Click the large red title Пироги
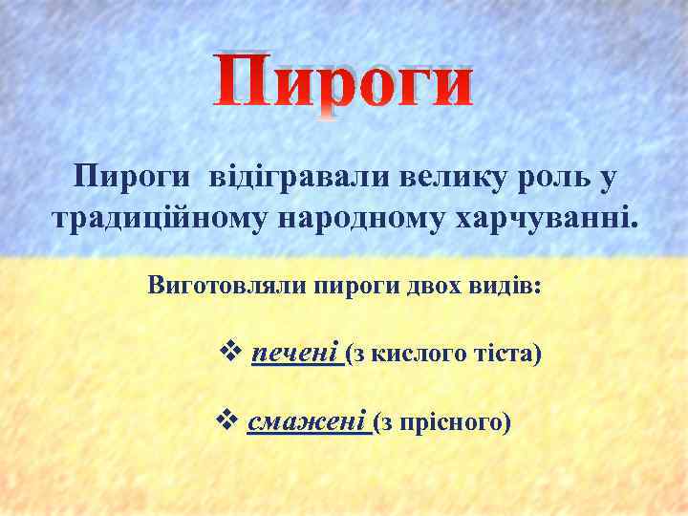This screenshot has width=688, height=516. click(x=342, y=82)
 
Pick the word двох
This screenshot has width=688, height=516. click(x=424, y=286)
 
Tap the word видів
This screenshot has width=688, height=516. click(x=503, y=286)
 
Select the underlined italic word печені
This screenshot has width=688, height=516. click(x=295, y=355)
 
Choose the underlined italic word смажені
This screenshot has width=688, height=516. click(x=307, y=421)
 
